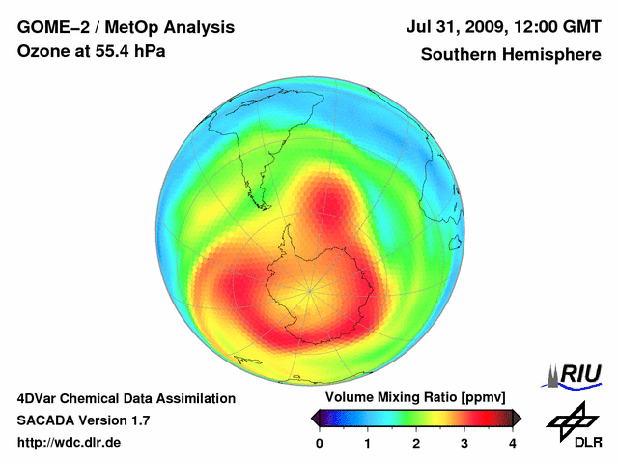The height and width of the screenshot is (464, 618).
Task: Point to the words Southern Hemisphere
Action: pyautogui.click(x=510, y=55)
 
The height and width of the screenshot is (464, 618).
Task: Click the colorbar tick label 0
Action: pyautogui.click(x=320, y=443)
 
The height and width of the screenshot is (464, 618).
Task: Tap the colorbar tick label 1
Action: pyautogui.click(x=368, y=443)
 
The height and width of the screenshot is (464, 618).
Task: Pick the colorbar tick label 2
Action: pyautogui.click(x=416, y=443)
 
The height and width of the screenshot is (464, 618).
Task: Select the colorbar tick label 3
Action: pyautogui.click(x=464, y=443)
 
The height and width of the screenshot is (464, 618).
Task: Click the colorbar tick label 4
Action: pyautogui.click(x=513, y=443)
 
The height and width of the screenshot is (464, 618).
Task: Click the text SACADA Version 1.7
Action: pyautogui.click(x=83, y=420)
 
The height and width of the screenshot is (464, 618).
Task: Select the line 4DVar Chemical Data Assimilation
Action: pyautogui.click(x=126, y=398)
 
